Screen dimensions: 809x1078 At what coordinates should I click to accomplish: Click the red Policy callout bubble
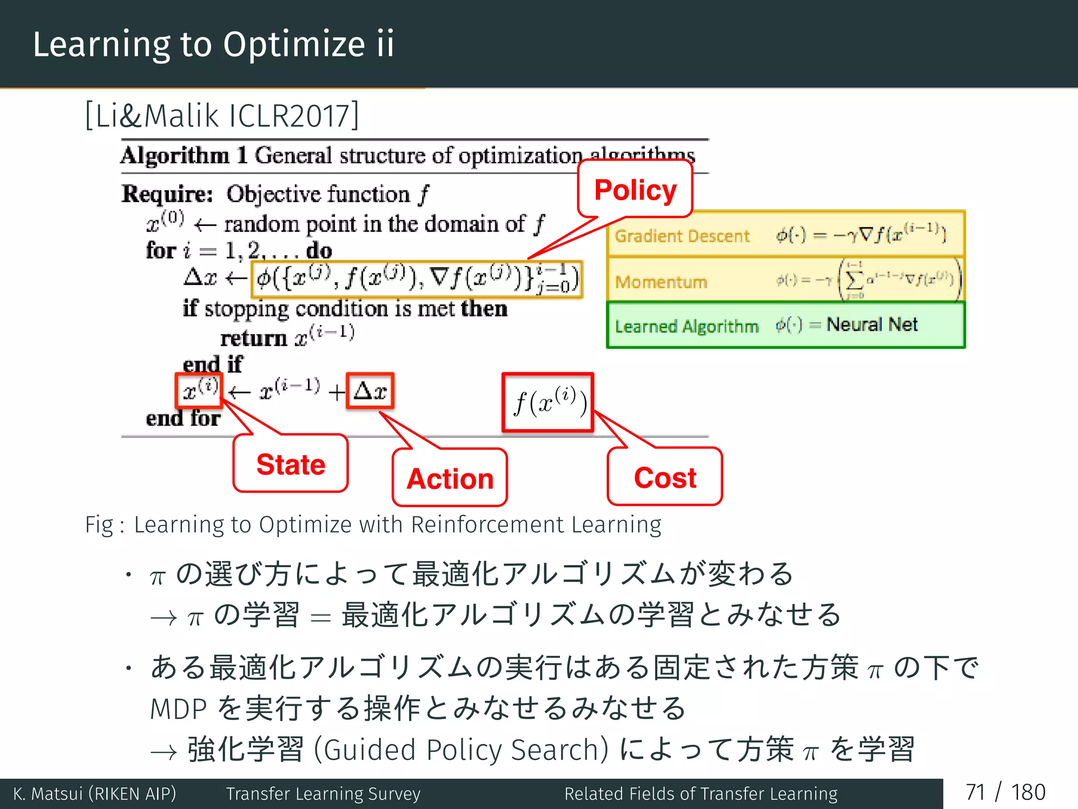635,190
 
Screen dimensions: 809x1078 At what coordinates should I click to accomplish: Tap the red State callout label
291,464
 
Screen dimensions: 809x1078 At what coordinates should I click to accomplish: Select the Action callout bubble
450,478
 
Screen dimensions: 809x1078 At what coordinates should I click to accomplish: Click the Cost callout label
665,477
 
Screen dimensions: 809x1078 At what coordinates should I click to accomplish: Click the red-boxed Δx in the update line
370,391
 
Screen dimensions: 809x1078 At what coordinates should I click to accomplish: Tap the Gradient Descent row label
682,236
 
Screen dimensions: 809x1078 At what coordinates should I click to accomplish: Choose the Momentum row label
661,282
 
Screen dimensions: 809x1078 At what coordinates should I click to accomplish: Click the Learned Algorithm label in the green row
686,326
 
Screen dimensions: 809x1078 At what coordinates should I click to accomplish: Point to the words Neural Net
872,324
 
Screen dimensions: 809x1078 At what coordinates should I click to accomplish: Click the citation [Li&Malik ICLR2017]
222,115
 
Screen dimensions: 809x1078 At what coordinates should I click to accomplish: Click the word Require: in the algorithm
167,194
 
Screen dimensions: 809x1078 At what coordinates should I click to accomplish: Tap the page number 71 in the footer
975,792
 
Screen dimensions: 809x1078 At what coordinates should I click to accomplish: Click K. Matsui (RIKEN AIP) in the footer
95,793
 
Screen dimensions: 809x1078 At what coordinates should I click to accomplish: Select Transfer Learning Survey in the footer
323,793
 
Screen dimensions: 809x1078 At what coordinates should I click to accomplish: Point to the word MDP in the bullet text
178,709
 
